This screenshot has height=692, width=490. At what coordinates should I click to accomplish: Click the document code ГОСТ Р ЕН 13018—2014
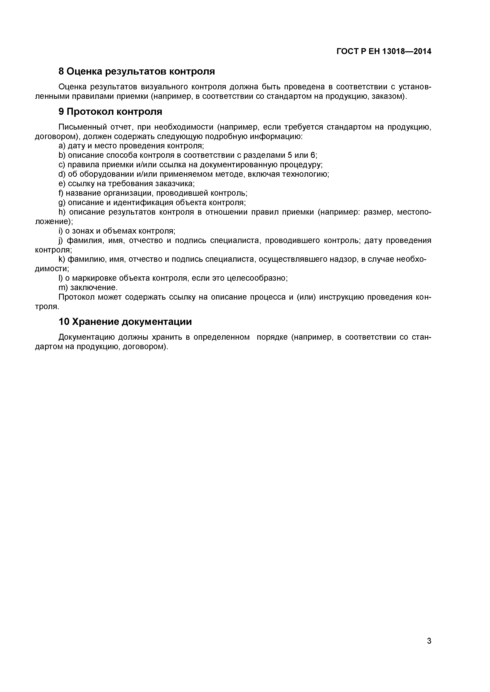point(384,51)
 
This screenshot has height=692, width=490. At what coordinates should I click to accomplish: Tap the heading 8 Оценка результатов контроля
point(136,71)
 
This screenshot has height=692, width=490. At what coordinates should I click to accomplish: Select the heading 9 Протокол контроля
point(110,112)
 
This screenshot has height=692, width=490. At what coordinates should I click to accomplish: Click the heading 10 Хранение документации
point(125,322)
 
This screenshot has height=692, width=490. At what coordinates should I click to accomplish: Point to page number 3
point(429,649)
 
